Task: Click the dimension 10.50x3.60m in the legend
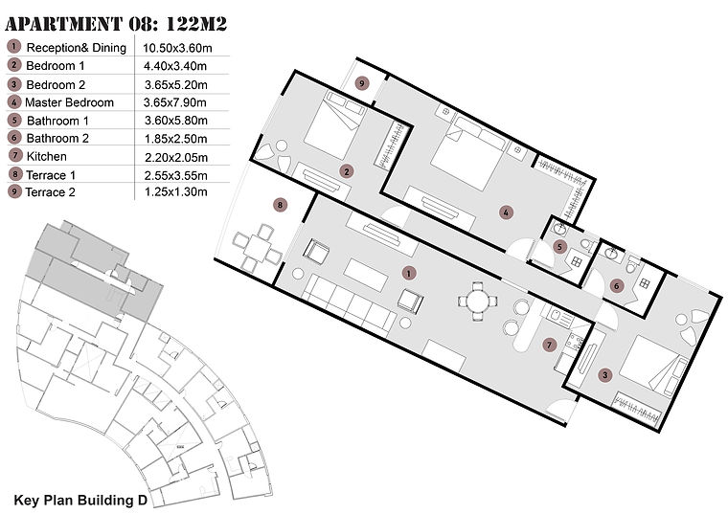tap(182, 48)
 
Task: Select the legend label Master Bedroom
tap(69, 102)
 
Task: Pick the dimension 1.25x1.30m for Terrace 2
tap(175, 192)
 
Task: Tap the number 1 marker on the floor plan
tap(409, 273)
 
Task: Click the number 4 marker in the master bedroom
tap(506, 212)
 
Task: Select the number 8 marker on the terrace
tap(280, 204)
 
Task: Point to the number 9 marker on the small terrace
tap(360, 84)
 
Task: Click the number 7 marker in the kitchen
tap(549, 345)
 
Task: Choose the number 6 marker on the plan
tap(617, 285)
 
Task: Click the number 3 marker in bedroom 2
tap(604, 376)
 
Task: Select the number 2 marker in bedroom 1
tap(346, 171)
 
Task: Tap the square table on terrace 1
tap(257, 246)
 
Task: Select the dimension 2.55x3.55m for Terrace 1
tap(175, 175)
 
